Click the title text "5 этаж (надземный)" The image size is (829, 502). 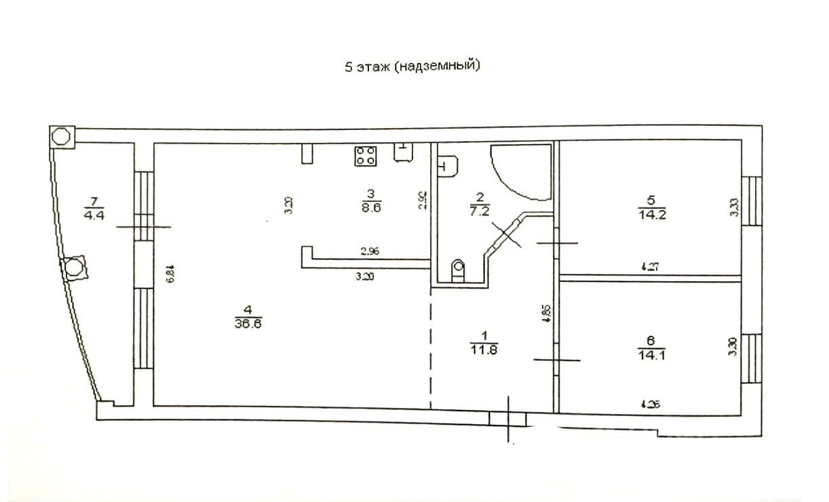click(x=412, y=66)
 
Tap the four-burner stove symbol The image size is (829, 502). click(x=365, y=156)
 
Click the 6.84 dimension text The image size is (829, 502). click(x=171, y=272)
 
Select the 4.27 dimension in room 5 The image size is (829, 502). click(x=649, y=268)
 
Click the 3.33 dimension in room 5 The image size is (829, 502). click(x=733, y=206)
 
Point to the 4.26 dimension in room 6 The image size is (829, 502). click(x=649, y=405)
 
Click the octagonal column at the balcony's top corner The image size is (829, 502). click(x=62, y=135)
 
